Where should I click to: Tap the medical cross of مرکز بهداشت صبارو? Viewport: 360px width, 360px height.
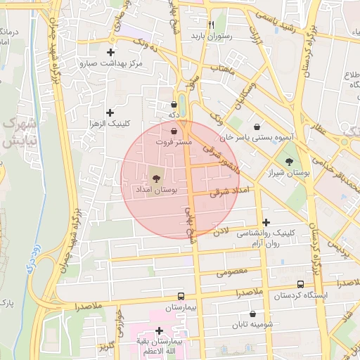(x=110, y=52)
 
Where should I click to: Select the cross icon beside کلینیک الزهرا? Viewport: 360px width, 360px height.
(x=110, y=112)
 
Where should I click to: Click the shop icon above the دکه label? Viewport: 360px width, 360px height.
(x=174, y=105)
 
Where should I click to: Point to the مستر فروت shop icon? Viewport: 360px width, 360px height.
(x=174, y=131)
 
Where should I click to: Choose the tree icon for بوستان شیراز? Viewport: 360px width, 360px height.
(x=289, y=162)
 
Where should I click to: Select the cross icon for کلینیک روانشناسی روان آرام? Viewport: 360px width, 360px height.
(x=265, y=223)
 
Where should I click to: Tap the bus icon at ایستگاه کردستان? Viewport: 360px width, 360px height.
(x=301, y=285)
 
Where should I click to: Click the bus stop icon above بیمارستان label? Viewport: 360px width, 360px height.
(x=181, y=297)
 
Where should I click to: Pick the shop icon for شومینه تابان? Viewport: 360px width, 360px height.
(x=253, y=315)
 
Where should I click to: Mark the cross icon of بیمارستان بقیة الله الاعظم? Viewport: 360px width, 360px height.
(x=160, y=330)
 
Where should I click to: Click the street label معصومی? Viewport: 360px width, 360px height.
(x=231, y=271)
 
